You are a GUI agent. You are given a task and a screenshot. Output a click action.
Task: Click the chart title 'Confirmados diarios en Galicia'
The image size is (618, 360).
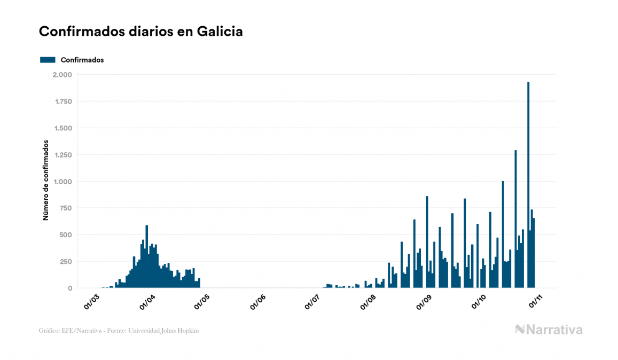[141, 32]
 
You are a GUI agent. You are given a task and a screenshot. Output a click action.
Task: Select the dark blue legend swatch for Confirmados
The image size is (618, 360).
[48, 60]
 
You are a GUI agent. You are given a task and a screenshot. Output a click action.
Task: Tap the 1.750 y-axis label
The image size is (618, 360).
[62, 101]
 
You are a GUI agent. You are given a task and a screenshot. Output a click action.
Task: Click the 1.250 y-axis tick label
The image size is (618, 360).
[62, 155]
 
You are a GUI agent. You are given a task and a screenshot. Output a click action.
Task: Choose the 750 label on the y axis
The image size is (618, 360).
[65, 208]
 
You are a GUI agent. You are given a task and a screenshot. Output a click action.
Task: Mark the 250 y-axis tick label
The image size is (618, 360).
[65, 262]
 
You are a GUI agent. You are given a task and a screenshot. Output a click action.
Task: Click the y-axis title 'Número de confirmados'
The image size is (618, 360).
[46, 181]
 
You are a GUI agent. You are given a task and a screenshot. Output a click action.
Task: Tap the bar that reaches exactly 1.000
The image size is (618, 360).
[503, 235]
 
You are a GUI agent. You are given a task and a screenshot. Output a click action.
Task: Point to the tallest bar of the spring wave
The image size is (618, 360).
[147, 256]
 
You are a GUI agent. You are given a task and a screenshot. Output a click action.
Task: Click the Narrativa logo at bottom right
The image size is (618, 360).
[549, 330]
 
